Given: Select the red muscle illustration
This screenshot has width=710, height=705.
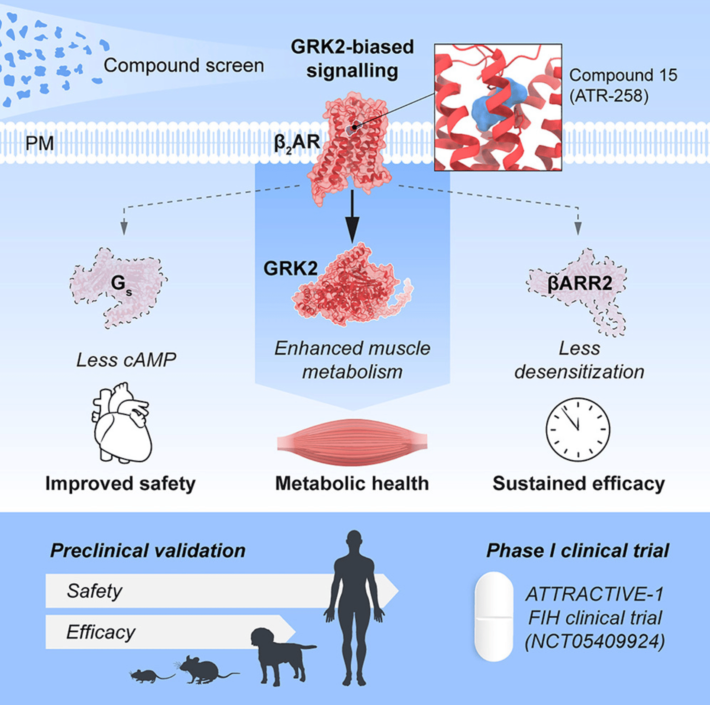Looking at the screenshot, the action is (352, 442).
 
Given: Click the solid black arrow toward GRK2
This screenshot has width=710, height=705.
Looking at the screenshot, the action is (352, 216).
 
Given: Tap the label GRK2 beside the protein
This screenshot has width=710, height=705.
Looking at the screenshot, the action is (290, 268).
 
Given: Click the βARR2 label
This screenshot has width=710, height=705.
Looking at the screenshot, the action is (580, 284).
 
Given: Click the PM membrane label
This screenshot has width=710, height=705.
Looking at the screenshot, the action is (39, 143).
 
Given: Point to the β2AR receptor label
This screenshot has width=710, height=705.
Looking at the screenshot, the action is (297, 143).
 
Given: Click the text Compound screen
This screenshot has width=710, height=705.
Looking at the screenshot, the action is (184, 65).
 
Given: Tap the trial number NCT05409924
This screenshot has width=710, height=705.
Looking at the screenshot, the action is (595, 641).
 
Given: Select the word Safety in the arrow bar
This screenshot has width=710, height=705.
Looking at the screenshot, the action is (95, 591).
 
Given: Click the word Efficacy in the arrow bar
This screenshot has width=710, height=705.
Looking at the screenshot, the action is (101, 632).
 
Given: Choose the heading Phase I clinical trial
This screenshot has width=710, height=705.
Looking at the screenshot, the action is (578, 551).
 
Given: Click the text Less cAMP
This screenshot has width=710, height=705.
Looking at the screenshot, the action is (126, 360).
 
